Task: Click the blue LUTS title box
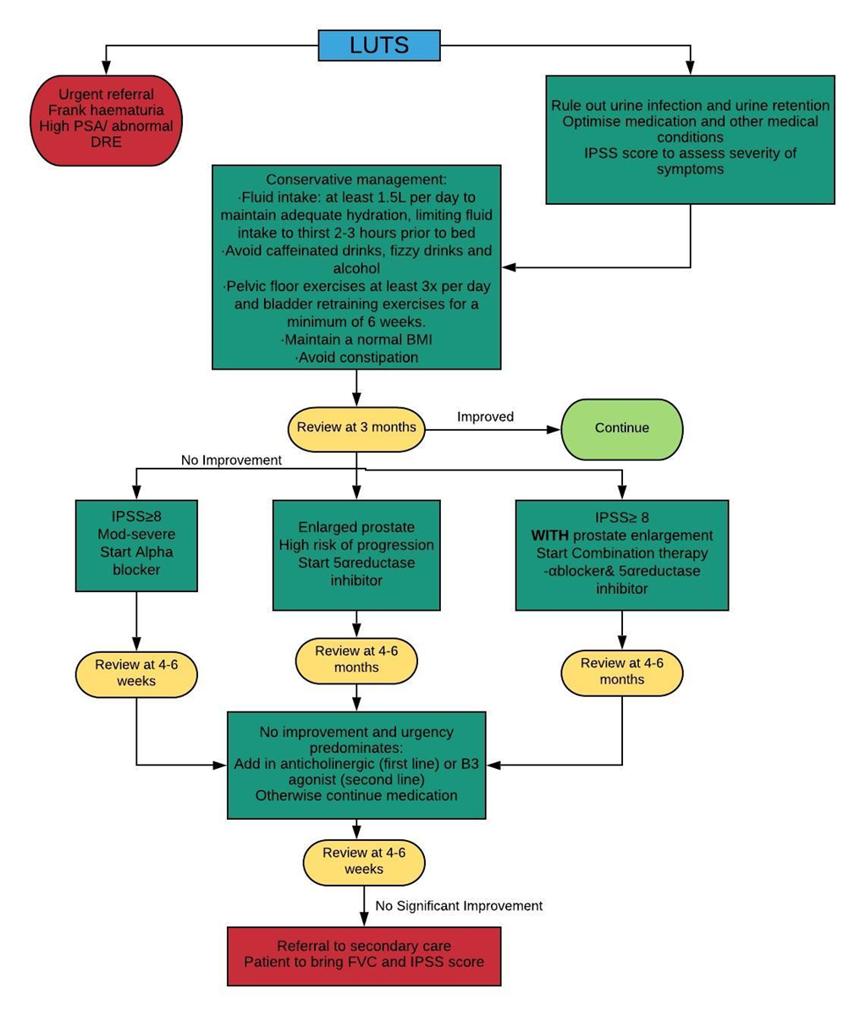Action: [379, 45]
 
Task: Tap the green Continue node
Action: [622, 428]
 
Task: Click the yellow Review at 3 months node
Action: [356, 427]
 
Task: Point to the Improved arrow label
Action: [486, 417]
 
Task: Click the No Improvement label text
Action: [231, 460]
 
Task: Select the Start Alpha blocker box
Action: [136, 545]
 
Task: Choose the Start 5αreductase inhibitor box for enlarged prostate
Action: [356, 555]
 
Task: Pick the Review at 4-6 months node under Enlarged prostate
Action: [356, 659]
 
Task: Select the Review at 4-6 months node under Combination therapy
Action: [622, 672]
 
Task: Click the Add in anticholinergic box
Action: [356, 765]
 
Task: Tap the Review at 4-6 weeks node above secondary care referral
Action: [364, 861]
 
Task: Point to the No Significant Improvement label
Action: [459, 906]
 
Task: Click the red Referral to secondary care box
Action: [364, 955]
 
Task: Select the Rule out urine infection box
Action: [690, 139]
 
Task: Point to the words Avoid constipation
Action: [356, 358]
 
